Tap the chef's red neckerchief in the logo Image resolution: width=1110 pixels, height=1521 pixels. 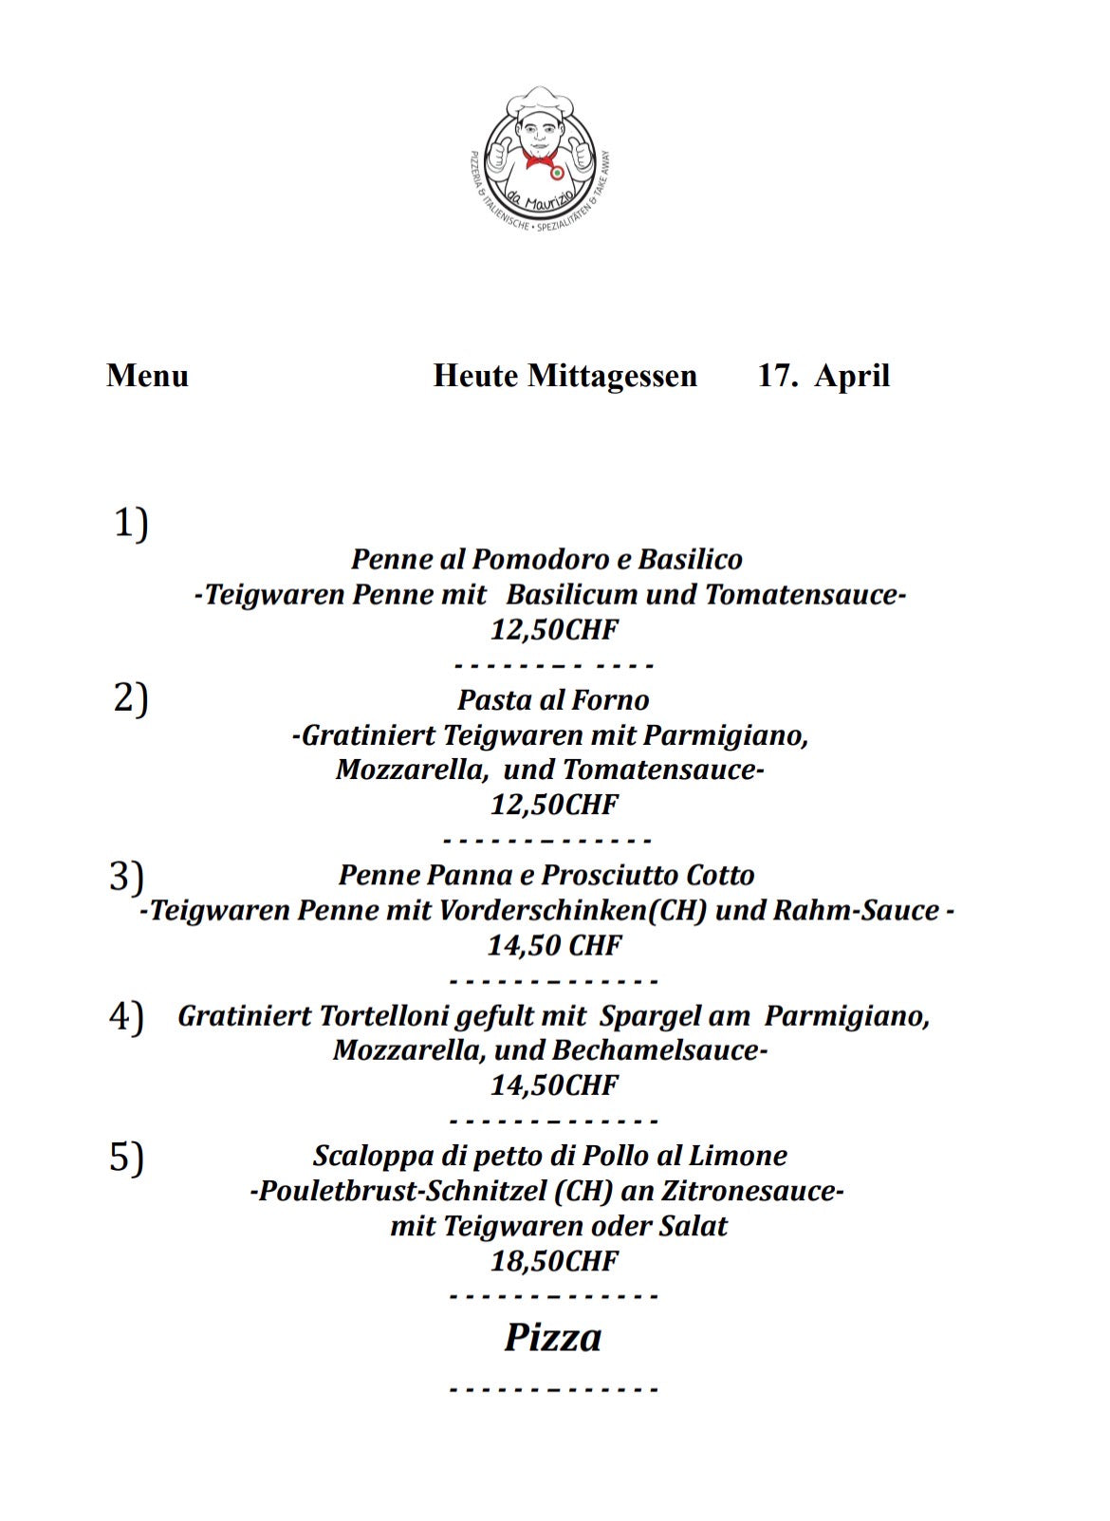click(539, 159)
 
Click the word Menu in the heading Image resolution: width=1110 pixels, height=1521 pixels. click(147, 376)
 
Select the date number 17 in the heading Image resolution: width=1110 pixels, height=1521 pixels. click(774, 376)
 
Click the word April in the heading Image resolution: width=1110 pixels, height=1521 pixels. click(852, 376)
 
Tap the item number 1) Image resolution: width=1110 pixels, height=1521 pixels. click(131, 523)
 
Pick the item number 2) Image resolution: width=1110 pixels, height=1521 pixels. click(131, 698)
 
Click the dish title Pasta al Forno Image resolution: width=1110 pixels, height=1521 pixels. click(553, 700)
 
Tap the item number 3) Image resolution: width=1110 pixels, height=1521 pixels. click(126, 875)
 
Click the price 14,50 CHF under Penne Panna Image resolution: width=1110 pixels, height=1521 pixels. click(554, 945)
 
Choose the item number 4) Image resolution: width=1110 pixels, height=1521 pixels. click(126, 1016)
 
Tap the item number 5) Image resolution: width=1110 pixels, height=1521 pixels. click(126, 1158)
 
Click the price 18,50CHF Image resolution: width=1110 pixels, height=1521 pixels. click(554, 1261)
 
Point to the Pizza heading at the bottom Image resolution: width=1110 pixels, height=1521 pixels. click(553, 1337)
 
